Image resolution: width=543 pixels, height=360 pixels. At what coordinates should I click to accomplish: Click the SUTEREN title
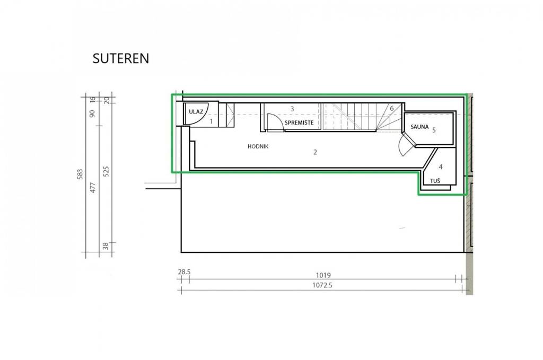121,58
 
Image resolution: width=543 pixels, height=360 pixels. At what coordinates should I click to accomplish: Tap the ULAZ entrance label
196,112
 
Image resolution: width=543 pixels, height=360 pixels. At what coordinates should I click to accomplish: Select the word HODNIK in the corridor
258,146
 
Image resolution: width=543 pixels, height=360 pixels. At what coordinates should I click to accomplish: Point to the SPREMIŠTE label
299,122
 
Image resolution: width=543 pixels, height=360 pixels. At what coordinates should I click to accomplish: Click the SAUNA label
420,127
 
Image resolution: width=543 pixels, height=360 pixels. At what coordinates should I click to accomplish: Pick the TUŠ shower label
435,181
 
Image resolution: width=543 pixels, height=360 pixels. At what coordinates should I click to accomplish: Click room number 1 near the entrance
211,121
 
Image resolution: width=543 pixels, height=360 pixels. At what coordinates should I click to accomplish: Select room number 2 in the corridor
315,152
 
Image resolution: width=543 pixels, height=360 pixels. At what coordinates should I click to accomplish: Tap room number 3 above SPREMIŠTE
292,109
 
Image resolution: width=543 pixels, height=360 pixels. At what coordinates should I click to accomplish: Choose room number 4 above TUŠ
441,167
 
